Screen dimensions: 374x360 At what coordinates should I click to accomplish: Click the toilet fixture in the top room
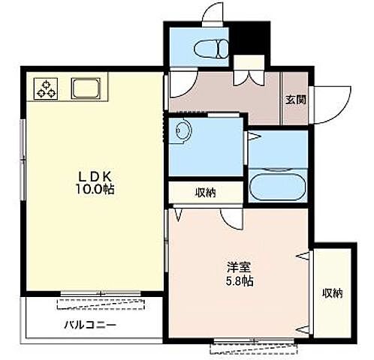[x=211, y=49]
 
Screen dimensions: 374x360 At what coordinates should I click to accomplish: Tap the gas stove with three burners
[x=46, y=88]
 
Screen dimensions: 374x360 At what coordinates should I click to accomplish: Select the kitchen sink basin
[x=86, y=88]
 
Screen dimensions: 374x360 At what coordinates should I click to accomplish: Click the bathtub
[x=277, y=184]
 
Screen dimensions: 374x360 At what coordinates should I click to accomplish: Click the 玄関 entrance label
[x=296, y=100]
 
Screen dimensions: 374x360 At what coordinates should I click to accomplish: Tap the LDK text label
[x=95, y=177]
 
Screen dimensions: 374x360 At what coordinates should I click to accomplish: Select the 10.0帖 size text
[x=95, y=190]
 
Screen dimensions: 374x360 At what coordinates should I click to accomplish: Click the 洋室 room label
[x=239, y=267]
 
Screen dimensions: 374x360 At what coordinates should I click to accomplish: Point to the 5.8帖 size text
[x=240, y=281]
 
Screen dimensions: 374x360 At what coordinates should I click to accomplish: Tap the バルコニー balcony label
[x=90, y=325]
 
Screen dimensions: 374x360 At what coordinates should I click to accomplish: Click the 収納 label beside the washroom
[x=206, y=193]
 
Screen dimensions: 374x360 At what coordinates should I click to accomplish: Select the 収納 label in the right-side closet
[x=332, y=293]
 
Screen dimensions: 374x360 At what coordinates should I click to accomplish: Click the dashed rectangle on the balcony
[x=101, y=304]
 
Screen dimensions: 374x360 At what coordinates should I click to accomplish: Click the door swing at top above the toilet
[x=213, y=13]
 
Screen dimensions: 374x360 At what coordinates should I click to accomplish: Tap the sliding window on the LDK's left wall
[x=23, y=160]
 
